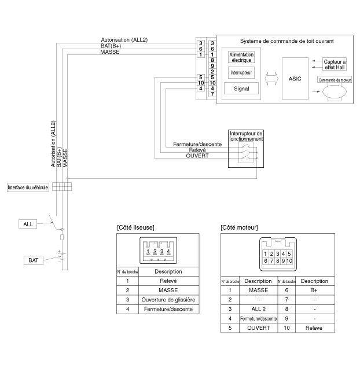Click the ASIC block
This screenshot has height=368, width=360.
[295, 78]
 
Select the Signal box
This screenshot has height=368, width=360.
[241, 89]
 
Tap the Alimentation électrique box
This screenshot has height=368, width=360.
[241, 57]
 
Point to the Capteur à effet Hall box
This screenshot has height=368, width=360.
[335, 65]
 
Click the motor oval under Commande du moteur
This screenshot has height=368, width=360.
[335, 92]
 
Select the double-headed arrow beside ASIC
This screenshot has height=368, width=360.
[271, 79]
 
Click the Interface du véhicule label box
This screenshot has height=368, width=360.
[28, 187]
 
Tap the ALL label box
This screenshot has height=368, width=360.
[28, 224]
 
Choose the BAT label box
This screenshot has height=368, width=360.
[34, 260]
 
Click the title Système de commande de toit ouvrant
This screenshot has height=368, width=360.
[286, 41]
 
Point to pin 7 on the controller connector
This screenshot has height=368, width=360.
[212, 94]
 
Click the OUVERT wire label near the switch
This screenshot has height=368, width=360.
[197, 156]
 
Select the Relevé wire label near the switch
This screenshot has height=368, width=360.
[197, 150]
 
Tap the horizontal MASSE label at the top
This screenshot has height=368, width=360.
[110, 52]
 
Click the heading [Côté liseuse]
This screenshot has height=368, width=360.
[135, 227]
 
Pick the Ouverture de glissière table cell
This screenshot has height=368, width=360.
[168, 300]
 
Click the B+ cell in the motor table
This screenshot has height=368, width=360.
[314, 290]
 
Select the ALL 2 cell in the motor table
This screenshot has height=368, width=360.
[258, 309]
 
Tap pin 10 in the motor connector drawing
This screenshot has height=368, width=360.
[289, 261]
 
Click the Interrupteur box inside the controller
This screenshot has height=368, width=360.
[241, 72]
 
